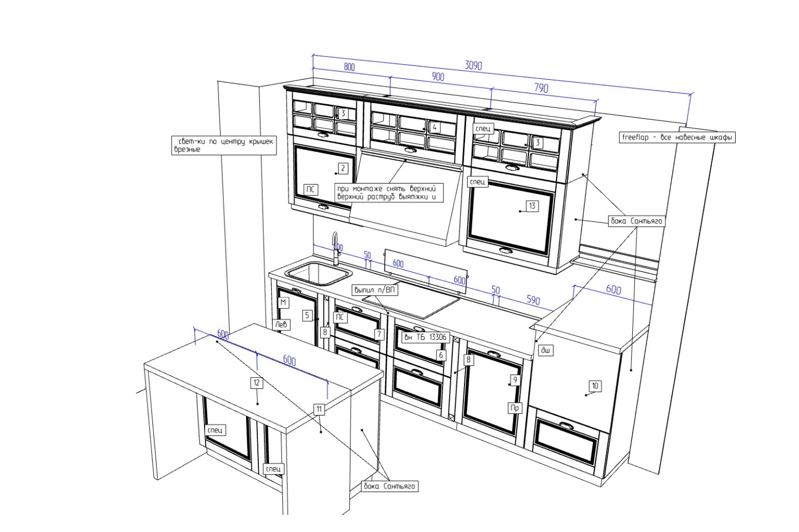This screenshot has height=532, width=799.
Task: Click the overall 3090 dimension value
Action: pos(473,65)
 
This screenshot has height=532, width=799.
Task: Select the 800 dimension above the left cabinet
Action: pos(349,67)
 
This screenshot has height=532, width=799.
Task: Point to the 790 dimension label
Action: pos(541,88)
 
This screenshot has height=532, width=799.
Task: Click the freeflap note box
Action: pos(677,137)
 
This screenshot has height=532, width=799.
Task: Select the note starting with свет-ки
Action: pos(224,145)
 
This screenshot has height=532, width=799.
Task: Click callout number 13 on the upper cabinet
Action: pos(532,206)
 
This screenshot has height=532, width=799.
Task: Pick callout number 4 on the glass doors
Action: pos(435,127)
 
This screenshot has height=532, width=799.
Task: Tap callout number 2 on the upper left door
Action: pos(343,169)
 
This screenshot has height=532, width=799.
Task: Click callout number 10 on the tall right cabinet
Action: pos(595,386)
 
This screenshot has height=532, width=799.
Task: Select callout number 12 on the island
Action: pos(257,383)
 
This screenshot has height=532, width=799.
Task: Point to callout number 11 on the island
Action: pos(319,409)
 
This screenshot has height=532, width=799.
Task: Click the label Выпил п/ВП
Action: pos(375,290)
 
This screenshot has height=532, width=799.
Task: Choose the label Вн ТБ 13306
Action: pos(425,337)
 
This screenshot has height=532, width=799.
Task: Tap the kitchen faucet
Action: pos(335,247)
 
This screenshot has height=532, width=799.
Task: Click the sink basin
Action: pos(318,273)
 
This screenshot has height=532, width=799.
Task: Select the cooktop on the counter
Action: pos(411,305)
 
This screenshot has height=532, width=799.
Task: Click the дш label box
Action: pos(545,350)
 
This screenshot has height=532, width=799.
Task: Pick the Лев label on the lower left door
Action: pos(282,324)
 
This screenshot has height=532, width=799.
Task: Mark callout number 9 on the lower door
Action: pos(515,380)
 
